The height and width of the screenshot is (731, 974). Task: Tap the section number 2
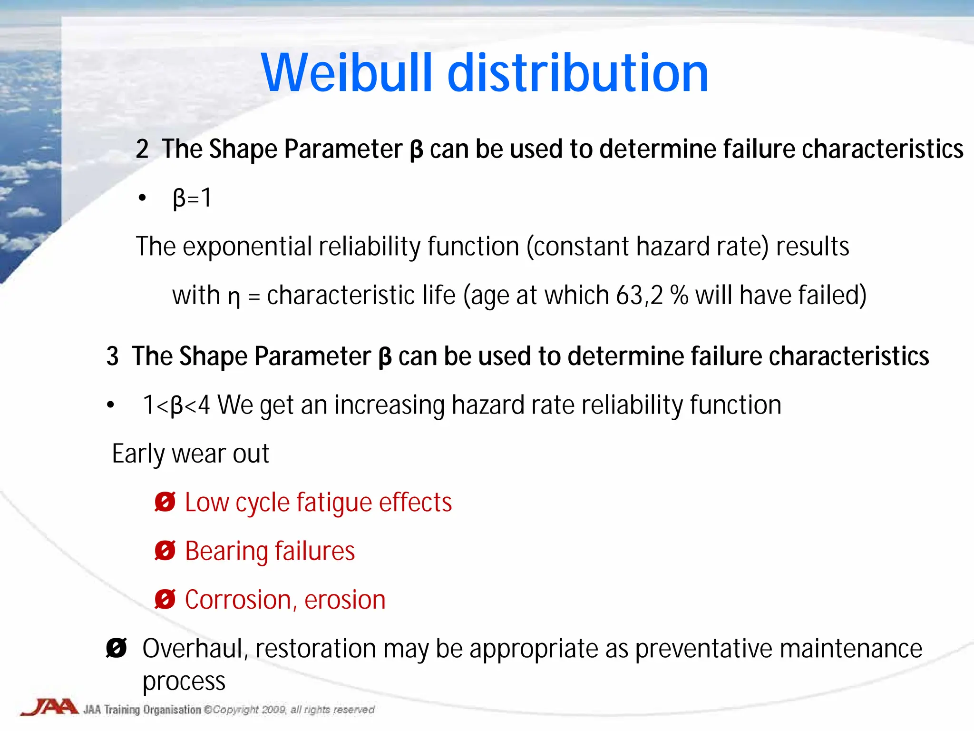click(142, 149)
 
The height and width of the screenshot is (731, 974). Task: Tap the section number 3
click(112, 356)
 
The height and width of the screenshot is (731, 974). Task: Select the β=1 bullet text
click(192, 198)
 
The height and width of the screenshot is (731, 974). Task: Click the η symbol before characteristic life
click(234, 297)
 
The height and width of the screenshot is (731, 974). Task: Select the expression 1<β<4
click(176, 405)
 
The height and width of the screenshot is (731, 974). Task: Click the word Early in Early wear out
click(138, 454)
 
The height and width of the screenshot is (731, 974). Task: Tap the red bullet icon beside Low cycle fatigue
click(165, 502)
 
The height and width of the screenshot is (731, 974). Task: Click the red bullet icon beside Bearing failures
click(165, 551)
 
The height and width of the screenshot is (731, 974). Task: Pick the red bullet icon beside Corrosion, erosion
click(165, 599)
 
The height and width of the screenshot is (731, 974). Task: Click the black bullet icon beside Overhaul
click(117, 648)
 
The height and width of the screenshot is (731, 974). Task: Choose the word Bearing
click(226, 551)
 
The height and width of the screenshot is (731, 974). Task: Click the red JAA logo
click(50, 707)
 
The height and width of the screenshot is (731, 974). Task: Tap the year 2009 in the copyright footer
click(273, 710)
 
